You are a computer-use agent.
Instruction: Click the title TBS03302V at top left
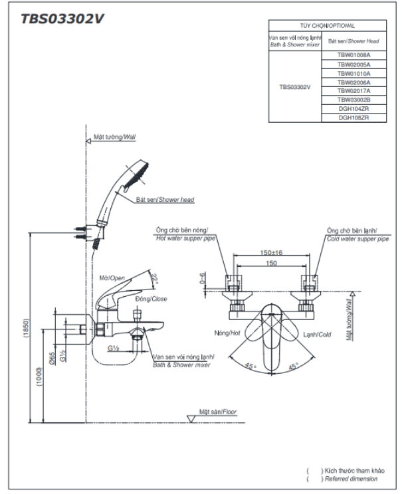coord(62,19)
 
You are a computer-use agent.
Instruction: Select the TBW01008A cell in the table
coord(353,55)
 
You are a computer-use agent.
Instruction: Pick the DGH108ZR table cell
coord(353,118)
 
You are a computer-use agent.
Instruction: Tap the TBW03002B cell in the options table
coord(353,99)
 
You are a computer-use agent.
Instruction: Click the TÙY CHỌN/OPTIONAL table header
coord(328,25)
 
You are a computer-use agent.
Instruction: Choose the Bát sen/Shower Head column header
coord(353,40)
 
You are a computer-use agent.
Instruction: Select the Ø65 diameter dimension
coord(52,358)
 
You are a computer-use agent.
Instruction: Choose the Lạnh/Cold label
coord(317,335)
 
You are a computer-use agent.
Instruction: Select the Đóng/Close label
coord(151,299)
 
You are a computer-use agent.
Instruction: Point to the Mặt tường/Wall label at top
coord(114,137)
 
